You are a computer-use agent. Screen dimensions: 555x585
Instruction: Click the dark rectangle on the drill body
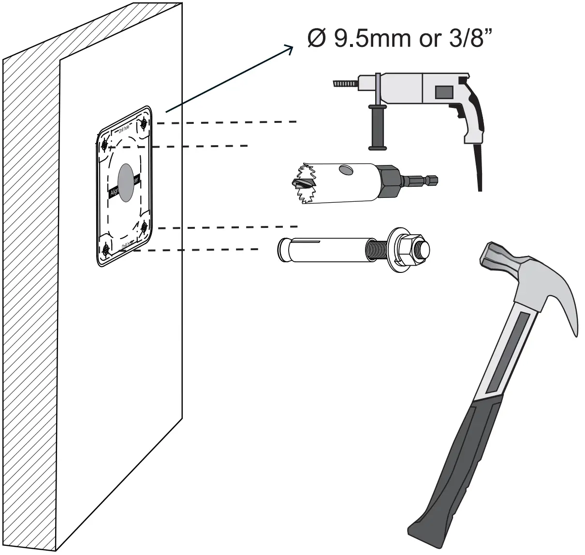443,92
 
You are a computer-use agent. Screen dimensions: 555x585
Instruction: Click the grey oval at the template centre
126,182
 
